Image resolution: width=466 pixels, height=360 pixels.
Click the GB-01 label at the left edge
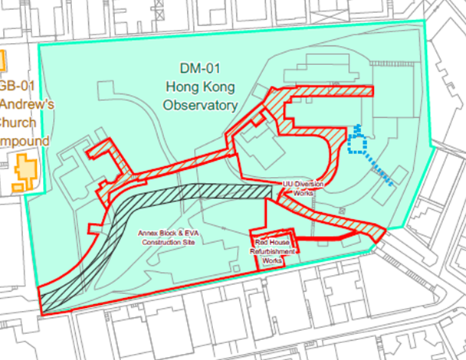(x=15, y=86)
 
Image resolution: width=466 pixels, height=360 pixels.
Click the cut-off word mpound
(x=24, y=142)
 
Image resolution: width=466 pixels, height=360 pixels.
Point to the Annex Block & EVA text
(x=166, y=232)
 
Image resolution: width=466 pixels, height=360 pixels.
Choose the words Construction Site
(x=166, y=242)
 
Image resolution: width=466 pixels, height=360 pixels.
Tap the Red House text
(x=271, y=241)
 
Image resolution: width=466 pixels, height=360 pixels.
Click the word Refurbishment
(x=271, y=251)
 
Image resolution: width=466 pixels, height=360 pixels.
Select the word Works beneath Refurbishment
(x=271, y=260)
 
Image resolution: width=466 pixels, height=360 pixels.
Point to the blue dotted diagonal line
(x=380, y=171)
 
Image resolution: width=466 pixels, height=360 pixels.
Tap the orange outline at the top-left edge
(x=2, y=59)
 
